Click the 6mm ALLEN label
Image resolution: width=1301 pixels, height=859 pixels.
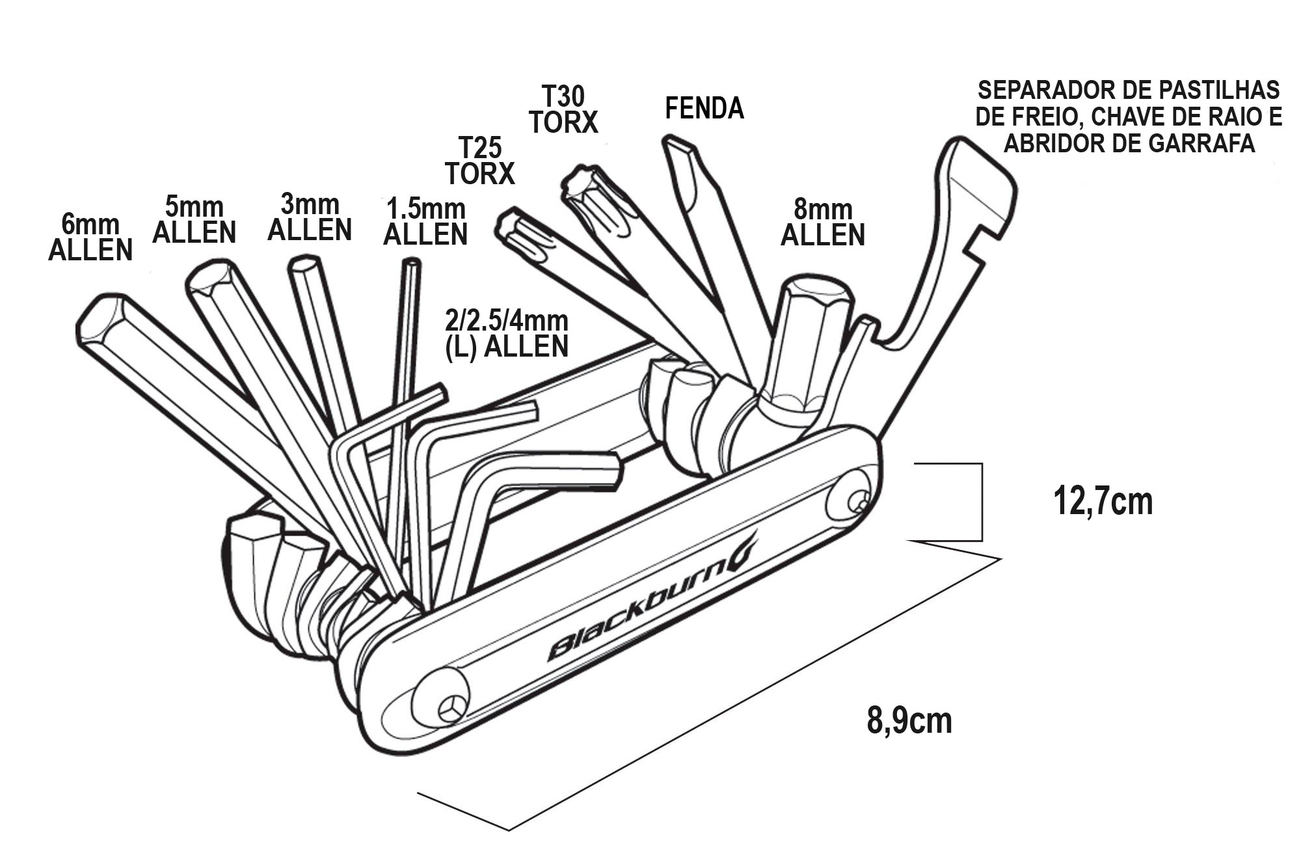coord(90,238)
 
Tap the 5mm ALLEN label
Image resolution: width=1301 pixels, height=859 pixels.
coord(194,220)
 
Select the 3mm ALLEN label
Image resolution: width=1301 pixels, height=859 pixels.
coord(310,217)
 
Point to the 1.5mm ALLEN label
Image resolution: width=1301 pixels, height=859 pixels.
coord(425,222)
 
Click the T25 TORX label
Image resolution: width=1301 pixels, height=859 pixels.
coord(480,161)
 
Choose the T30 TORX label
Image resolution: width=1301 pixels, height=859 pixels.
coord(563,109)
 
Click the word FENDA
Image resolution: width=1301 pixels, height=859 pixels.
coord(704,108)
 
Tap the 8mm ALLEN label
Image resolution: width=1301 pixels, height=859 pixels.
coord(823,223)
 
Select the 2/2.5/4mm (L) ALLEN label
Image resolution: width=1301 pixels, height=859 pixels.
coord(507,334)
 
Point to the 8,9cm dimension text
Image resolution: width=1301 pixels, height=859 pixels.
coord(909,720)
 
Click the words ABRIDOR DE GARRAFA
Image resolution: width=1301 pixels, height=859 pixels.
coord(1129,143)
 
